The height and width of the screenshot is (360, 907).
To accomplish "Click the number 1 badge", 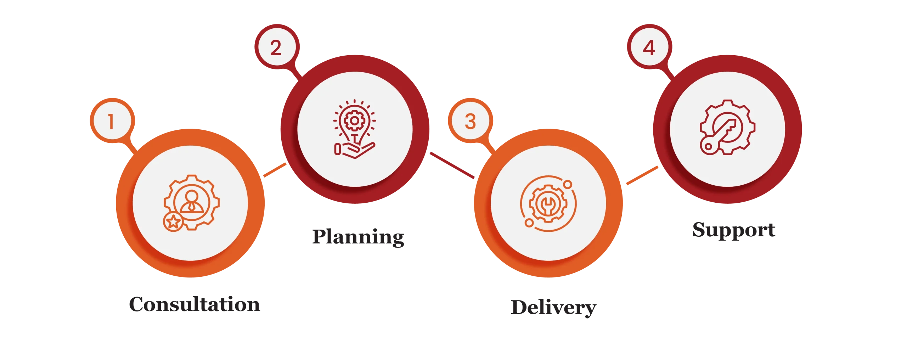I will coord(111,122).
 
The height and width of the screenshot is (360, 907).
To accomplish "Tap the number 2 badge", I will coord(276,47).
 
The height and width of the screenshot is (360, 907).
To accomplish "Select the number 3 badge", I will coord(470,122).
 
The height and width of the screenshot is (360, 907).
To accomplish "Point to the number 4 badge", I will coord(649,47).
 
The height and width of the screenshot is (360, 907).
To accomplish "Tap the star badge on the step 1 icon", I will coord(173,222).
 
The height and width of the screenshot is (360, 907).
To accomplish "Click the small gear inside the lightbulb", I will coord(354,121).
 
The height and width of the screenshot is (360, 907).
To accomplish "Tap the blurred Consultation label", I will coord(194,304).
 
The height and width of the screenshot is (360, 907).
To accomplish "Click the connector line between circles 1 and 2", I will coord(275,170).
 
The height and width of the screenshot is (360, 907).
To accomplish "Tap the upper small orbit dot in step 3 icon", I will coord(568,185).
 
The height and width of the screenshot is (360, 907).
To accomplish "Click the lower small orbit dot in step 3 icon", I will coord(529,223).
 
